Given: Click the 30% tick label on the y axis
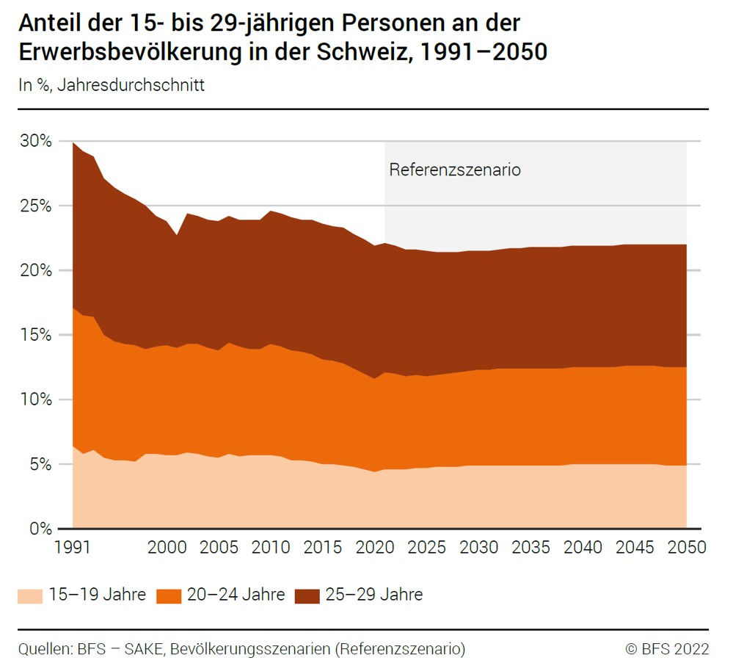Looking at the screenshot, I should pos(35,141).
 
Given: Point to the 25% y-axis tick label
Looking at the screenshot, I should pos(35,206).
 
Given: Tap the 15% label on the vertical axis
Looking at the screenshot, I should pos(35,335).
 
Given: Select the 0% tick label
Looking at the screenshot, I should pos(40,529).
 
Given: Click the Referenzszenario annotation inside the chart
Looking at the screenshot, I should pos(454,170).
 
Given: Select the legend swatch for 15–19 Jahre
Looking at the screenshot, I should pos(29,595).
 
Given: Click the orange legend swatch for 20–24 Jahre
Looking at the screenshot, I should pos(168,595).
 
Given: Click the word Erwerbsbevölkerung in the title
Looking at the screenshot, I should pos(128,53).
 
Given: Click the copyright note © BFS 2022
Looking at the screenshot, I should pos(667,649).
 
